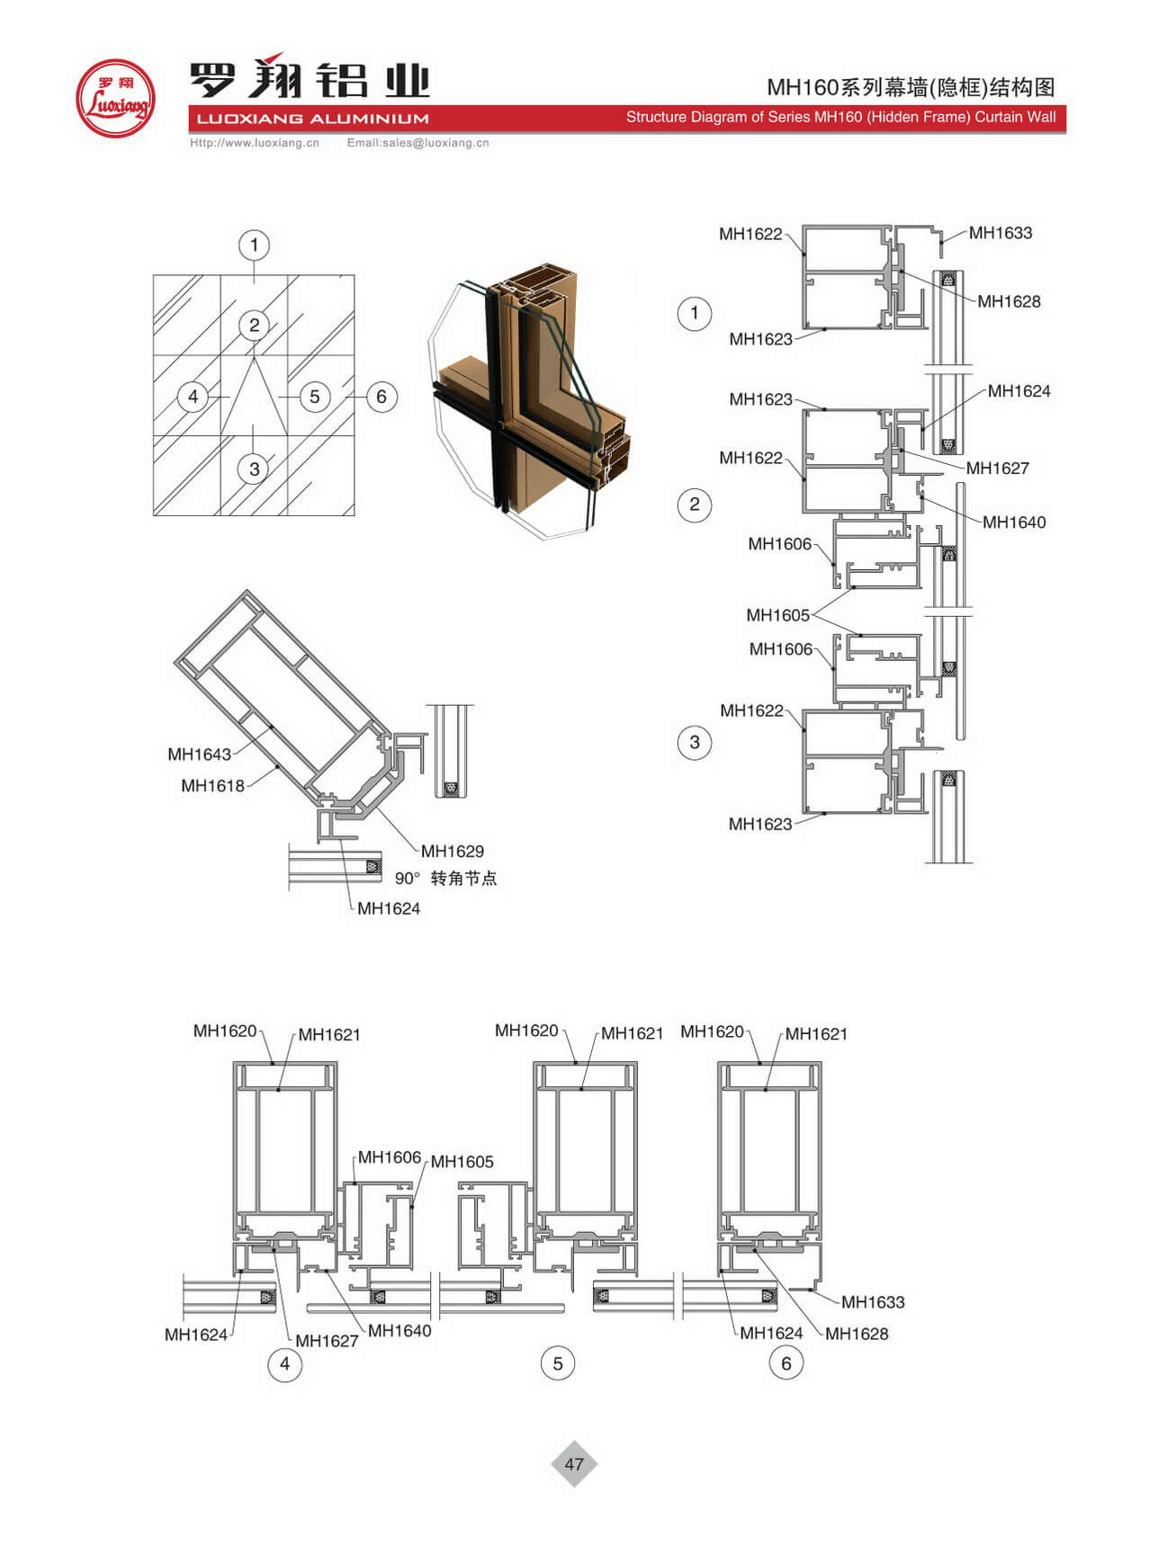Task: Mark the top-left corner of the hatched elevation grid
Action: click(x=154, y=276)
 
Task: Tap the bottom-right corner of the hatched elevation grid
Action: click(x=355, y=515)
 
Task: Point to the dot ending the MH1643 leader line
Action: click(x=272, y=725)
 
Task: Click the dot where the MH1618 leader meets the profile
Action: click(x=278, y=766)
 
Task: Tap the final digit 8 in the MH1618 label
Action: click(x=239, y=786)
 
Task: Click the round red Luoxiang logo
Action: click(x=115, y=98)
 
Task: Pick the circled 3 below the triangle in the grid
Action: click(x=255, y=469)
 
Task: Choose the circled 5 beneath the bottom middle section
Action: click(x=558, y=1363)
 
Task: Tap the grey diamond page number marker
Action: click(x=574, y=1464)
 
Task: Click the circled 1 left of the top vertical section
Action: click(x=694, y=313)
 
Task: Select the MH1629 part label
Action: click(x=453, y=851)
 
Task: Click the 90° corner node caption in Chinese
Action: click(x=445, y=878)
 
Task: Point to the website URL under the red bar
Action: click(x=255, y=143)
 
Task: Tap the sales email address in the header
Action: click(x=418, y=143)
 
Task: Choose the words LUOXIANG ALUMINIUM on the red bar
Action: click(x=312, y=119)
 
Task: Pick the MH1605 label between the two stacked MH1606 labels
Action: click(x=778, y=615)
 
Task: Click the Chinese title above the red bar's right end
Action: click(x=911, y=87)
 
